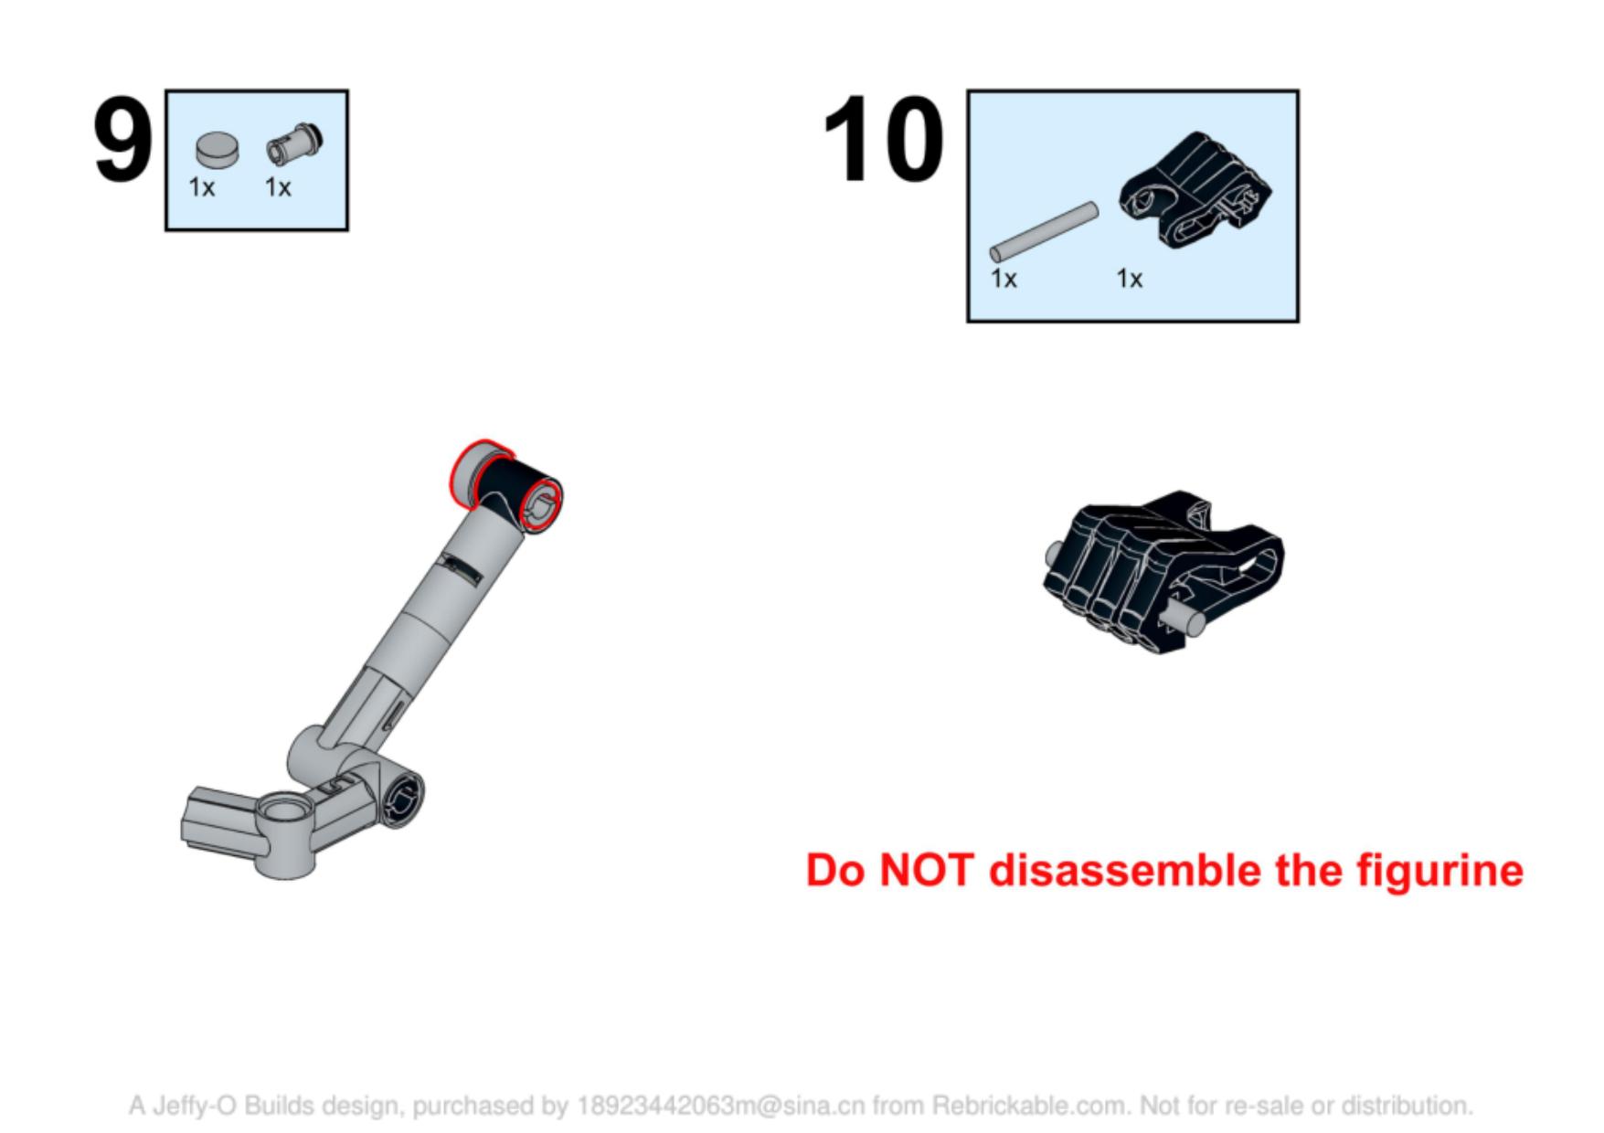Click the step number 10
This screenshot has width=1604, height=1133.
pyautogui.click(x=883, y=139)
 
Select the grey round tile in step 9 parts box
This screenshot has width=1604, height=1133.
pyautogui.click(x=218, y=149)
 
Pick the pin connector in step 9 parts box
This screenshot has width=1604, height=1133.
pyautogui.click(x=294, y=144)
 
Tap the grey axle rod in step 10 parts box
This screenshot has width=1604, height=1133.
pyautogui.click(x=1043, y=231)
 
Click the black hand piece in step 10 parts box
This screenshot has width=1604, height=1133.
pyautogui.click(x=1195, y=188)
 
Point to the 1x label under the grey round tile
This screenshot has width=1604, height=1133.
pyautogui.click(x=202, y=187)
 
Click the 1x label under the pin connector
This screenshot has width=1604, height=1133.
pyautogui.click(x=278, y=187)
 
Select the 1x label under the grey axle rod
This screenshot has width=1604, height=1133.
pyautogui.click(x=1004, y=279)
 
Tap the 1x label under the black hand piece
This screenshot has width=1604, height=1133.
pyautogui.click(x=1129, y=279)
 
